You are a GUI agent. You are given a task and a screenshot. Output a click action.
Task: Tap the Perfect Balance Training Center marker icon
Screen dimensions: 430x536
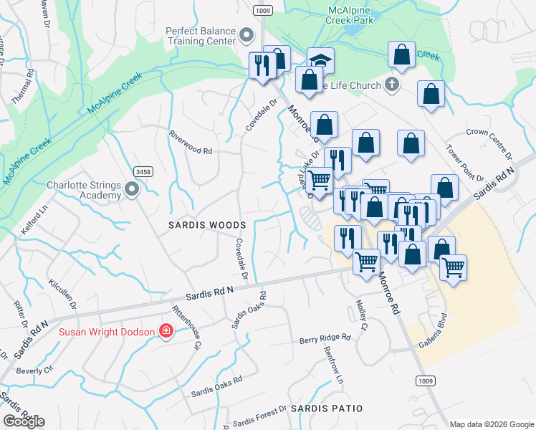[247, 35]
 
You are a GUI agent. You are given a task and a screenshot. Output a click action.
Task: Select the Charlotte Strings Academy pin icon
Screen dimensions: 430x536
[132, 190]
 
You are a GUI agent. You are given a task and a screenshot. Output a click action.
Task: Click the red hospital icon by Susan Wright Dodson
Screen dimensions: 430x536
[166, 331]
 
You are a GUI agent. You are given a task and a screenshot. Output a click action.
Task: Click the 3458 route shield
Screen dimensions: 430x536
[143, 171]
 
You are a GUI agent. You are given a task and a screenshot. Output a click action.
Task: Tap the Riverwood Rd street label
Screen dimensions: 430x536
[191, 142]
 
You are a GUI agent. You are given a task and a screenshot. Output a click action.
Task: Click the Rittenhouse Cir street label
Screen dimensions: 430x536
[185, 328]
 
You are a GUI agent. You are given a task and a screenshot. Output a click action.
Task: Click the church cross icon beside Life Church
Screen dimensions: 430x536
[391, 85]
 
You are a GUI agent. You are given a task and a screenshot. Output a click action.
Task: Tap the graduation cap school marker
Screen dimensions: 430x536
[321, 60]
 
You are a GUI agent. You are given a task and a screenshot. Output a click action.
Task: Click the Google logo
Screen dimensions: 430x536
[24, 421]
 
